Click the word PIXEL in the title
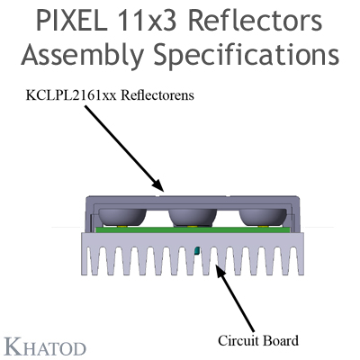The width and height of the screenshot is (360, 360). (x=71, y=21)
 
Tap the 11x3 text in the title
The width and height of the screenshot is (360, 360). (x=148, y=21)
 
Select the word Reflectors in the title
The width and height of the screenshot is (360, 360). (x=256, y=21)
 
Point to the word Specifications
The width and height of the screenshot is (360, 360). (x=247, y=56)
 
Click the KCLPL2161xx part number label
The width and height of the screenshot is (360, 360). (x=71, y=95)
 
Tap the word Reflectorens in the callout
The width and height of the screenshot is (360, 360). (x=158, y=95)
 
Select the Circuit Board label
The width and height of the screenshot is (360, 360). (x=258, y=341)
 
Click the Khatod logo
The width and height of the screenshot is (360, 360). (x=45, y=348)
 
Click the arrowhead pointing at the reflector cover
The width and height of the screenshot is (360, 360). (x=158, y=185)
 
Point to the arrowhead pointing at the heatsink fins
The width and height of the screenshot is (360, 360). (x=220, y=269)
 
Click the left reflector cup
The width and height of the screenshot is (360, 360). (x=122, y=217)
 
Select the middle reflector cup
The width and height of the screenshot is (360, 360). (x=193, y=217)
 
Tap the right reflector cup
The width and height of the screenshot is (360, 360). (x=263, y=217)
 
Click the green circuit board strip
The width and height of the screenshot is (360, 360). (x=193, y=229)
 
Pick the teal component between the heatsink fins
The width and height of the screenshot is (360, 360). (x=197, y=250)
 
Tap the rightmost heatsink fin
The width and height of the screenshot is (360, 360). (x=301, y=260)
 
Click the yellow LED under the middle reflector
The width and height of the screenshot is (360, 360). (x=192, y=226)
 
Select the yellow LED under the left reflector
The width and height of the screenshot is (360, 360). (x=121, y=226)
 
